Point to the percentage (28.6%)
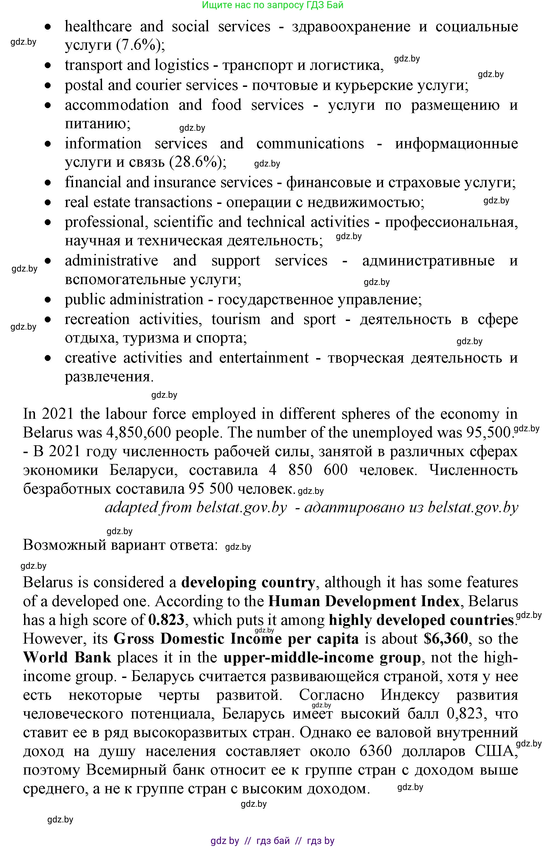[x=198, y=162]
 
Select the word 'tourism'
[x=236, y=320]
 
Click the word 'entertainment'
[x=264, y=358]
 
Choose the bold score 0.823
[x=166, y=620]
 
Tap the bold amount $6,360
[x=446, y=639]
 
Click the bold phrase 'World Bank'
[x=67, y=658]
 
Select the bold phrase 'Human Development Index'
[x=364, y=601]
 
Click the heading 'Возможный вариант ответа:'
[x=120, y=545]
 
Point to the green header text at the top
[x=273, y=5]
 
